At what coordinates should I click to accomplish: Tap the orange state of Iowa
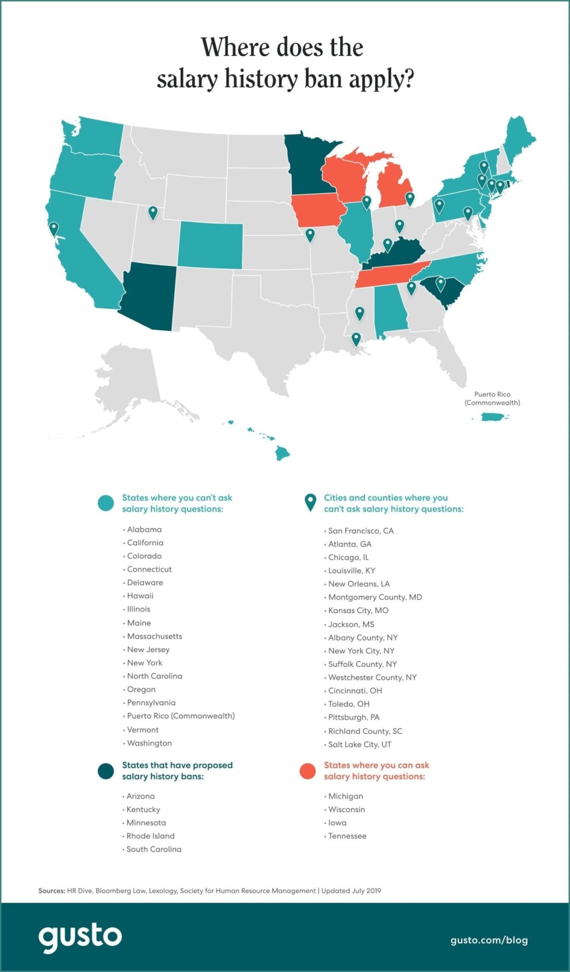click(x=318, y=210)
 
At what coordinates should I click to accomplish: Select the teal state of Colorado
click(x=210, y=245)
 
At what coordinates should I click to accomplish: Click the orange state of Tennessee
click(x=390, y=275)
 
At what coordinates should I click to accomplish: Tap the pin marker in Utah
click(x=152, y=213)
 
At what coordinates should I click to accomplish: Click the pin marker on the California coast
click(x=54, y=229)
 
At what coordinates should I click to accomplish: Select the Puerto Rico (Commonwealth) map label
click(x=492, y=398)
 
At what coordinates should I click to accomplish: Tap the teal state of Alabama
click(x=390, y=311)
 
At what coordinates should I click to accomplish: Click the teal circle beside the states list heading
click(x=106, y=503)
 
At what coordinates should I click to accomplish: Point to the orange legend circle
click(x=307, y=771)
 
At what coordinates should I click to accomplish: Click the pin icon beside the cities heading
click(x=310, y=502)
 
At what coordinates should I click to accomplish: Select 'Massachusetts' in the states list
click(x=154, y=636)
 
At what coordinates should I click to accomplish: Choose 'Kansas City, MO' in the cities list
click(x=358, y=611)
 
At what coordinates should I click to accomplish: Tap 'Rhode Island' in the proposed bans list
click(x=150, y=836)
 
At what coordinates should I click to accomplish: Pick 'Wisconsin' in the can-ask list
click(x=347, y=809)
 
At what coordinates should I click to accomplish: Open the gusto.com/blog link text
click(x=489, y=940)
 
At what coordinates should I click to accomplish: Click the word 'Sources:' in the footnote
click(x=52, y=890)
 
